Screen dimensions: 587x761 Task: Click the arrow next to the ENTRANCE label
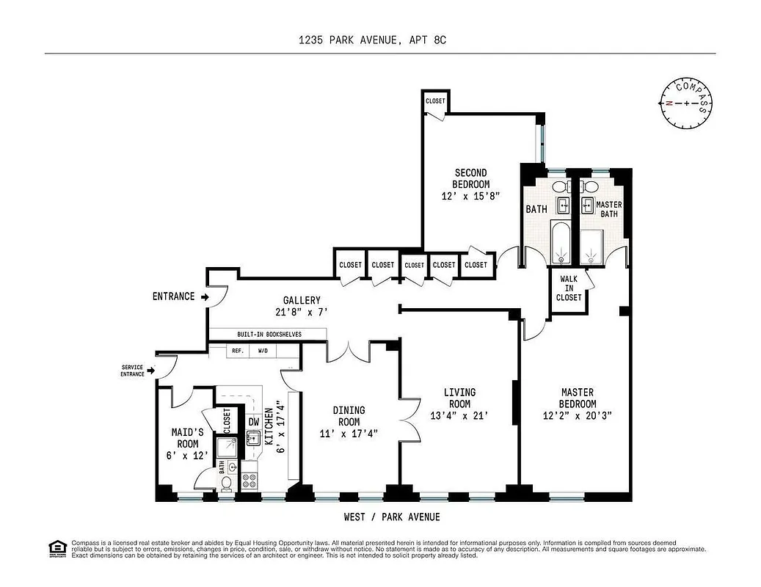(x=205, y=296)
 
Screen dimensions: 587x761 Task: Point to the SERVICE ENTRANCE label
(x=134, y=371)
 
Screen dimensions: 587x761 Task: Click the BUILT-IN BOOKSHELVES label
(x=267, y=334)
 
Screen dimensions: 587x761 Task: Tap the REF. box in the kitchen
(x=238, y=351)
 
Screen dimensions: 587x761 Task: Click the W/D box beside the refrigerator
(x=262, y=351)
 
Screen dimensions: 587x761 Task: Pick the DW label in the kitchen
(x=252, y=422)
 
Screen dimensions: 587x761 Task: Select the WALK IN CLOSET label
(x=570, y=288)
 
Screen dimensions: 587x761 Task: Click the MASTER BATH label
(x=608, y=209)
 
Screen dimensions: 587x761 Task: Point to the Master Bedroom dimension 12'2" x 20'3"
(x=578, y=415)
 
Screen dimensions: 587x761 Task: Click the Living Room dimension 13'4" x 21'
(x=459, y=415)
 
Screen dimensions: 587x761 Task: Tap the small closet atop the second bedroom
(x=434, y=101)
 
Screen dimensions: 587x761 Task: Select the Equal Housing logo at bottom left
(x=56, y=547)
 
